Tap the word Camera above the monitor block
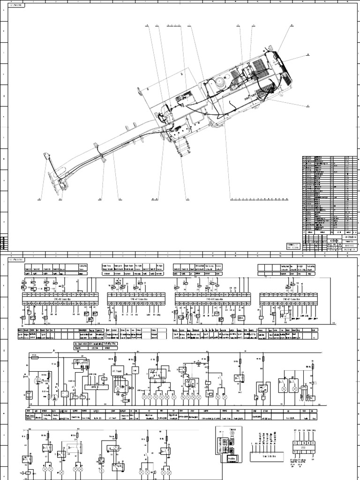point(232,428)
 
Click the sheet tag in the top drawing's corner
point(17,5)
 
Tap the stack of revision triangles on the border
point(4,242)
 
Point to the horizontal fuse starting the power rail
point(35,356)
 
